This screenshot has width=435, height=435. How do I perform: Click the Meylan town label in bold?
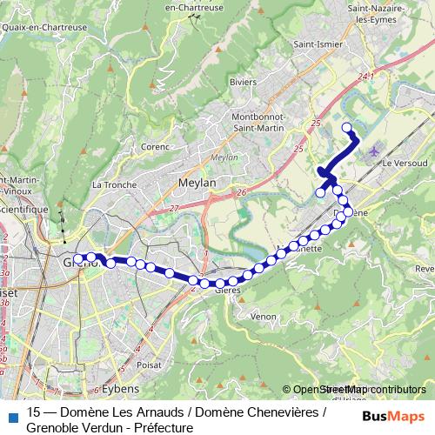tap(195, 183)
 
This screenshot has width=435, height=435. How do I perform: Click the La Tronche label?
tap(110, 184)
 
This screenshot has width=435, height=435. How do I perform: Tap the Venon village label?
tap(263, 317)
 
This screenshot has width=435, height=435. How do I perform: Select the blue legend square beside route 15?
tap(10, 415)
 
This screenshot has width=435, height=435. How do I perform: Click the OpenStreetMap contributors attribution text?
tap(354, 390)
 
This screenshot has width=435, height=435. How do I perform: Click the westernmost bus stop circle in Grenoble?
tap(78, 258)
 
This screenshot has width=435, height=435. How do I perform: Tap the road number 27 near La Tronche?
tap(174, 209)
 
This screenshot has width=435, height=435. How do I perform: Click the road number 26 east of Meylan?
tap(241, 191)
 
